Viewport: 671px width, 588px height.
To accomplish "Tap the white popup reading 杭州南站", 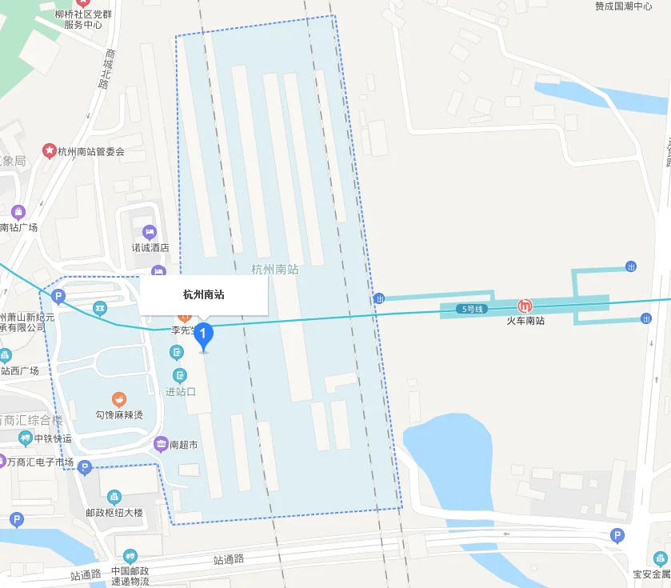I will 204,295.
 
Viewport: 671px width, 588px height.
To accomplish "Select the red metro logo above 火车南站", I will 525,306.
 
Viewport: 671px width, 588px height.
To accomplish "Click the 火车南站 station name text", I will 525,321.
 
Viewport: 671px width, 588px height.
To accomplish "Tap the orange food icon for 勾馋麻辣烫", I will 118,399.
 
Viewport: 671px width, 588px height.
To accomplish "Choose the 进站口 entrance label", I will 180,391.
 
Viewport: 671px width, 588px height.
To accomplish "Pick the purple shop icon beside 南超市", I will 161,443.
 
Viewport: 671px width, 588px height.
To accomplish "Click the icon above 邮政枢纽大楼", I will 114,497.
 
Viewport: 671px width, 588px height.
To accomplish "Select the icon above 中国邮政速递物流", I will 130,556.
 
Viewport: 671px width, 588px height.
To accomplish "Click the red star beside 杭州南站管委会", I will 50,150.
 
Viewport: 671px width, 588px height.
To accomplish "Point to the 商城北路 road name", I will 105,70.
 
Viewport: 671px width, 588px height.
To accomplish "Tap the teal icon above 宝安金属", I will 661,558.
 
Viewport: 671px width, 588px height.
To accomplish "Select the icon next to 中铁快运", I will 26,438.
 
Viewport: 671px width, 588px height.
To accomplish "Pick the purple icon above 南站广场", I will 18,212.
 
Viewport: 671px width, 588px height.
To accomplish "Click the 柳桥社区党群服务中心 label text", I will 83,19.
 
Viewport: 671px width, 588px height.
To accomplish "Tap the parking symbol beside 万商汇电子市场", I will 85,468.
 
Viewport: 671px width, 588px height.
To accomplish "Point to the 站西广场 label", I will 19,370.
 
